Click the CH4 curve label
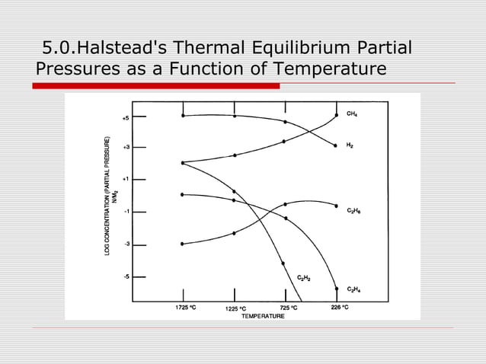(x=351, y=113)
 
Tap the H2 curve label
(x=350, y=145)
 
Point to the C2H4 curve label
(x=353, y=289)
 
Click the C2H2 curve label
(x=303, y=278)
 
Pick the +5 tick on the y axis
(x=126, y=118)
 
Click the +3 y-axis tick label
(x=126, y=147)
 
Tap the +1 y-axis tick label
(x=126, y=179)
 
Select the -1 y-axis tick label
(x=126, y=211)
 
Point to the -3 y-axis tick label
(x=126, y=244)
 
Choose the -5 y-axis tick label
(x=126, y=276)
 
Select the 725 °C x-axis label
(x=288, y=307)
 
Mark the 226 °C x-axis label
(x=340, y=307)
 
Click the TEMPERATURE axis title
(x=263, y=315)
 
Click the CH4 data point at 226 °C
(x=337, y=116)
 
